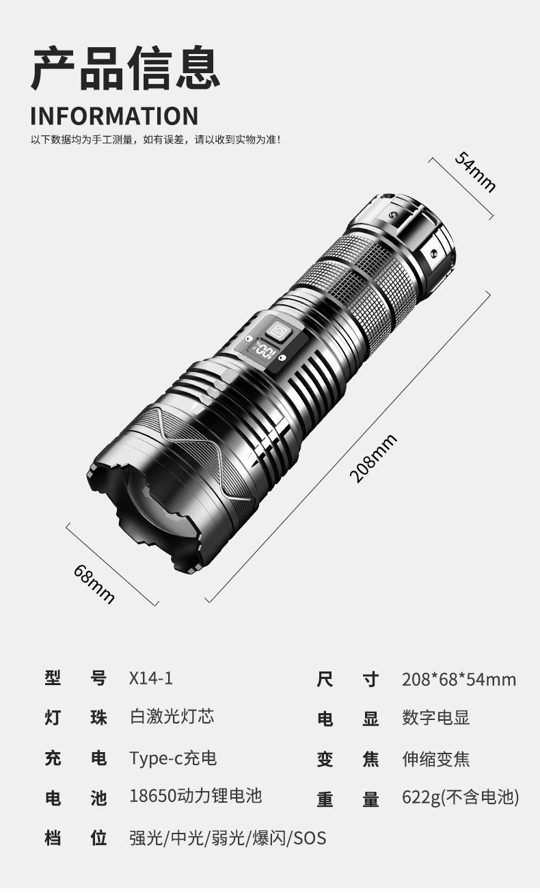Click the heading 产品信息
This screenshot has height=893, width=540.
coord(126,68)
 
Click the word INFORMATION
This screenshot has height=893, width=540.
coord(114,116)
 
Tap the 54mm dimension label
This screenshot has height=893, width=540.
coord(476,172)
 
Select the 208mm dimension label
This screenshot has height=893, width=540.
coord(373,458)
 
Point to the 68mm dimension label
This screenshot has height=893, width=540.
coord(94,584)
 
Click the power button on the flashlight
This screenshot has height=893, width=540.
coord(279,330)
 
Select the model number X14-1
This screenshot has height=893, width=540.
coord(151,678)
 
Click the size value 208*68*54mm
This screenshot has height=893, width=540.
coord(459,679)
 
